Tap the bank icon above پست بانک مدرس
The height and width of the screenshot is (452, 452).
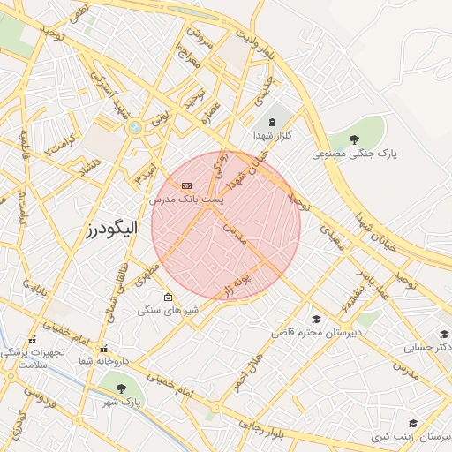point(186,185)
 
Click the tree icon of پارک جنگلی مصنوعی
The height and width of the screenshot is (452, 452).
point(354,139)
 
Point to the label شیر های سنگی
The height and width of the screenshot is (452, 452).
point(168,311)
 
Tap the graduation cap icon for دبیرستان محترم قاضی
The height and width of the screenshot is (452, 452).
point(315,319)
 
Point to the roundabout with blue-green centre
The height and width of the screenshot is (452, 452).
point(134,128)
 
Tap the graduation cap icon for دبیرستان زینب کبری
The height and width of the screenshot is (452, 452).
point(411,424)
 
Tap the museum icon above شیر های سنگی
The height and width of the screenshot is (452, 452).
point(168,298)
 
